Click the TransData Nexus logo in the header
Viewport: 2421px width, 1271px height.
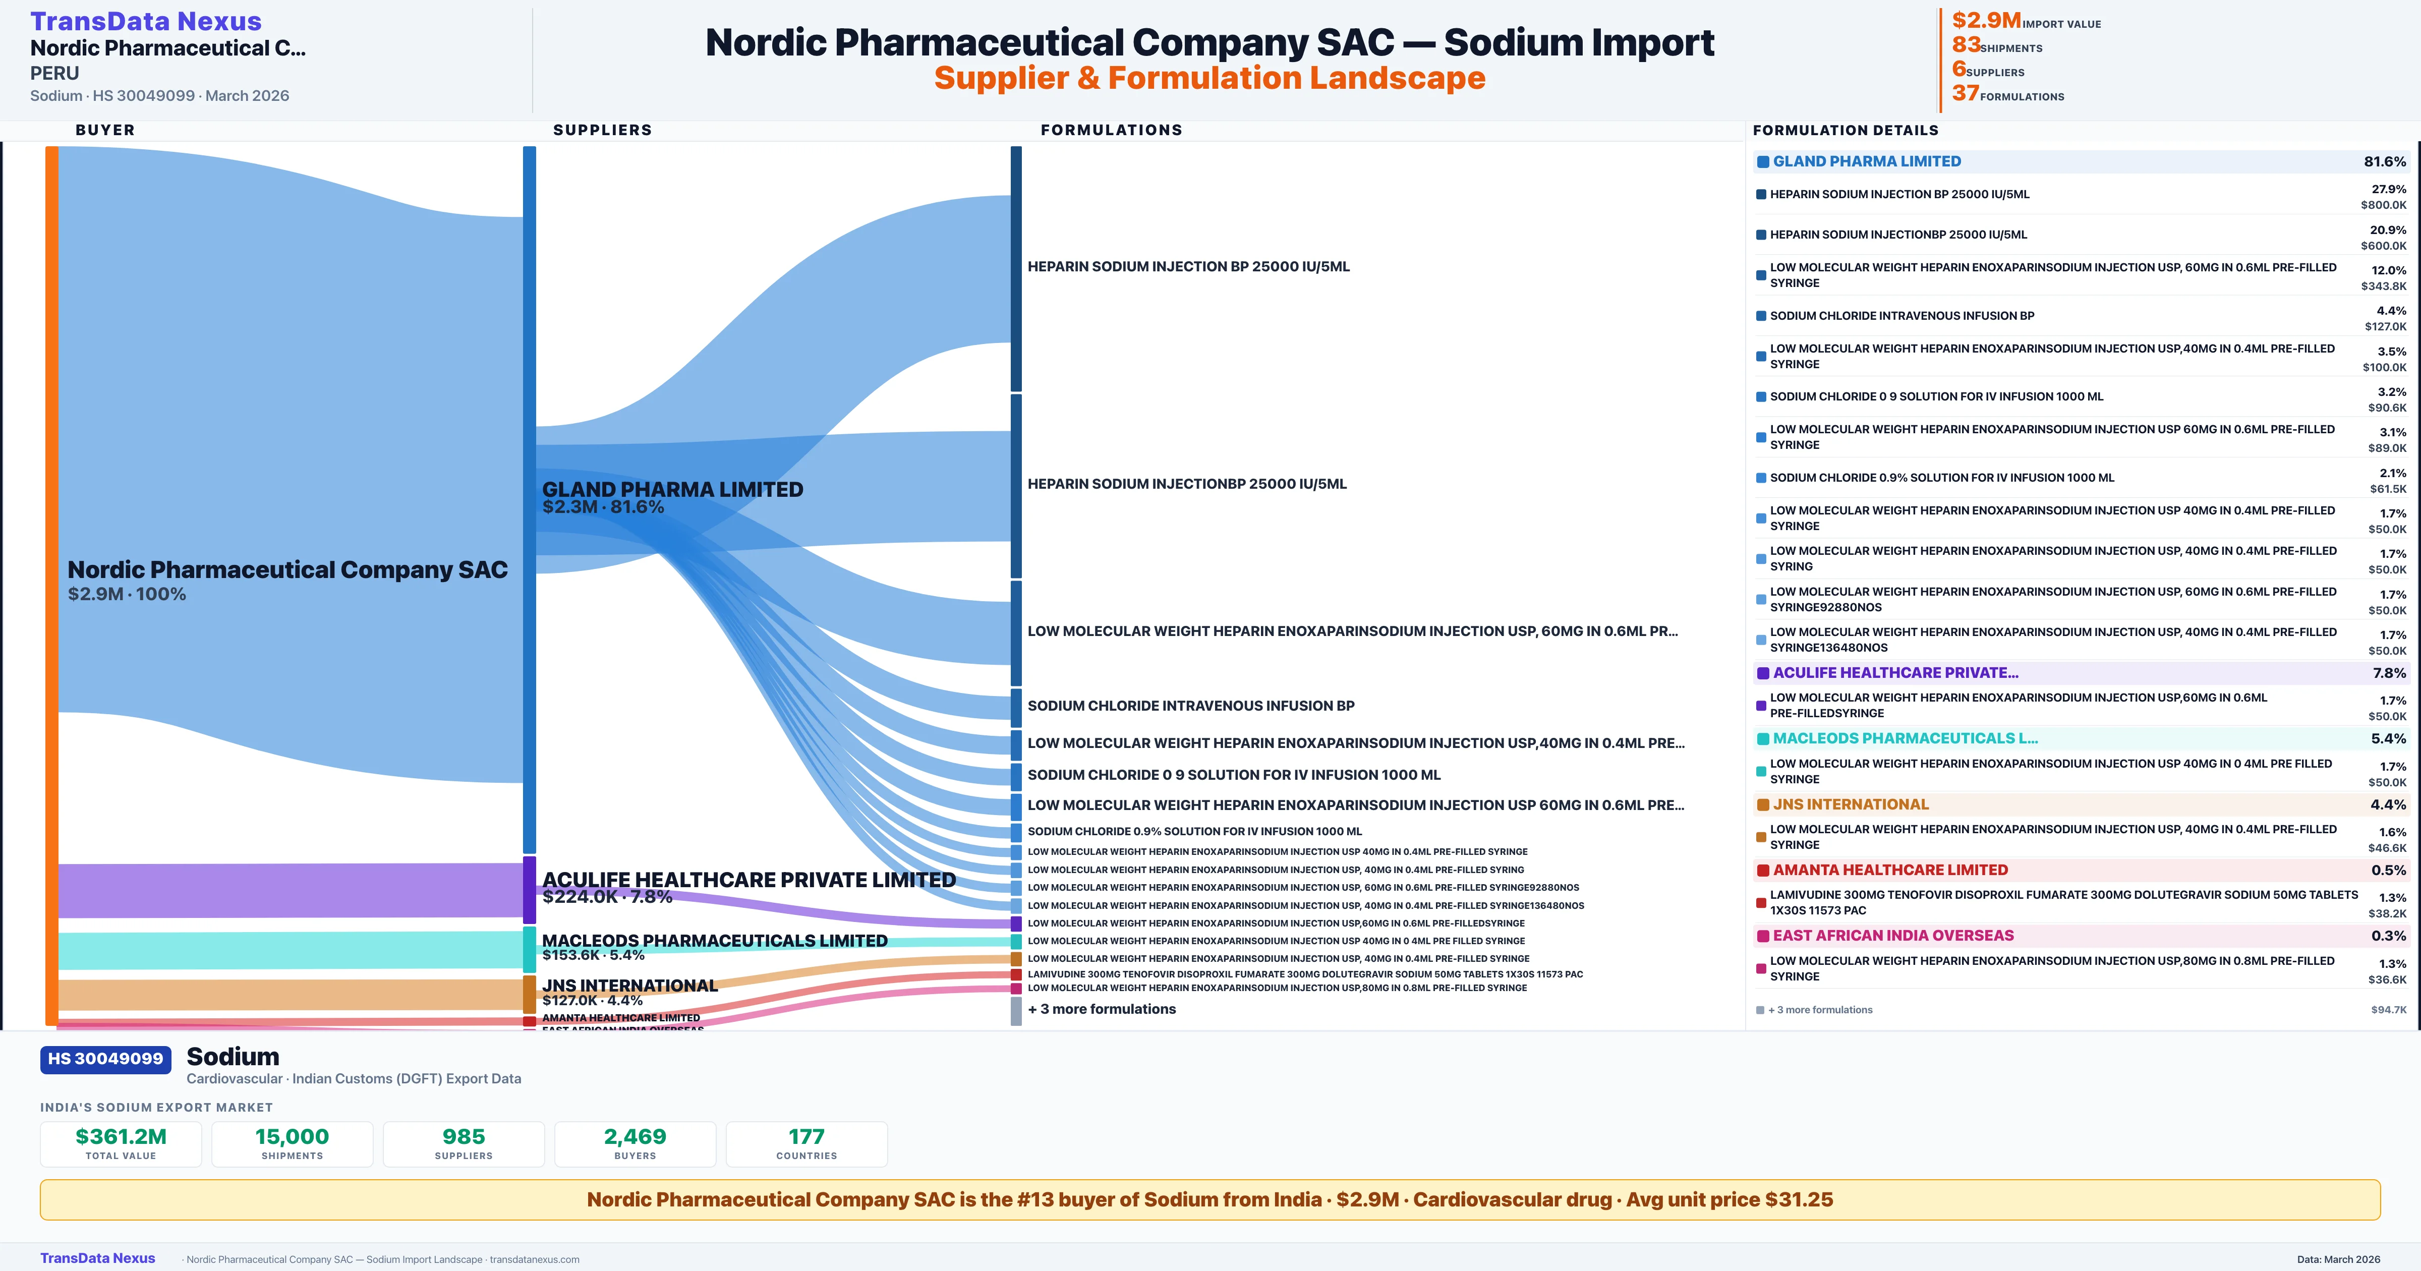tap(146, 21)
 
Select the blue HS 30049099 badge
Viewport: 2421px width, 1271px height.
tap(105, 1059)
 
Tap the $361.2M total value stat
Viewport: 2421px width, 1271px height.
tap(121, 1136)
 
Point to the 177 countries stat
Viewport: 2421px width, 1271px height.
tap(806, 1136)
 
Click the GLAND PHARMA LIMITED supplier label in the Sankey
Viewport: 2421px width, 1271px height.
tap(672, 489)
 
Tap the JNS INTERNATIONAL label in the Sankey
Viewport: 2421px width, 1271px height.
tap(629, 985)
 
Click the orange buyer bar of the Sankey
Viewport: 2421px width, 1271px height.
tap(51, 583)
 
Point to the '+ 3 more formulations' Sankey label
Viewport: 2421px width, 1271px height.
tap(1102, 1009)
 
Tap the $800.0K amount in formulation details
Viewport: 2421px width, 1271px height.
tap(2383, 205)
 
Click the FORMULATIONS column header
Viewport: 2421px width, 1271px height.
tap(1111, 130)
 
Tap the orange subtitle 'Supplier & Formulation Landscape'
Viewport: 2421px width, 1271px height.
tap(1209, 78)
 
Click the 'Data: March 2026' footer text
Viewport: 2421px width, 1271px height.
tap(2338, 1259)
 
